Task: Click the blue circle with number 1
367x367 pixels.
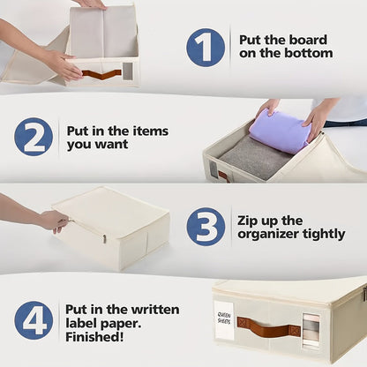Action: click(x=206, y=47)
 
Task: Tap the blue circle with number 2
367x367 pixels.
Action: click(x=34, y=137)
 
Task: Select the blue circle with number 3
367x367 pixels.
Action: click(x=206, y=227)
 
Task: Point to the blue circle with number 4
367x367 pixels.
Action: click(x=34, y=320)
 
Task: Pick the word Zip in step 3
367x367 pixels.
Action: click(x=246, y=221)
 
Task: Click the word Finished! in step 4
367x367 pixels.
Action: click(x=94, y=337)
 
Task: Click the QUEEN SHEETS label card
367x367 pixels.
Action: click(x=224, y=319)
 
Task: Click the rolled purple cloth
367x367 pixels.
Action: click(x=280, y=131)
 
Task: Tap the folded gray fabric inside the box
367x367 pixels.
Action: click(x=255, y=158)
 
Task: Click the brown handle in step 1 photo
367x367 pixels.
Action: click(x=101, y=74)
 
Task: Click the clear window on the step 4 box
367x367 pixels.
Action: click(x=311, y=332)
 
